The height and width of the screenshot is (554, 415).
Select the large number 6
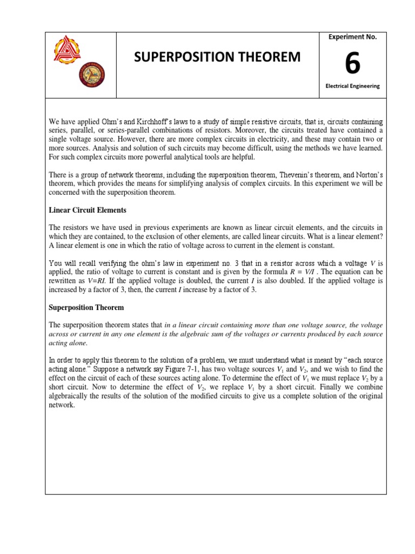click(352, 64)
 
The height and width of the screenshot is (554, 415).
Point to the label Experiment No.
click(352, 37)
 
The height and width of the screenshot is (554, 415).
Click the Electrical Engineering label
click(352, 85)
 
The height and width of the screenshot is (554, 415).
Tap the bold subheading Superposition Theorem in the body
click(86, 307)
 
